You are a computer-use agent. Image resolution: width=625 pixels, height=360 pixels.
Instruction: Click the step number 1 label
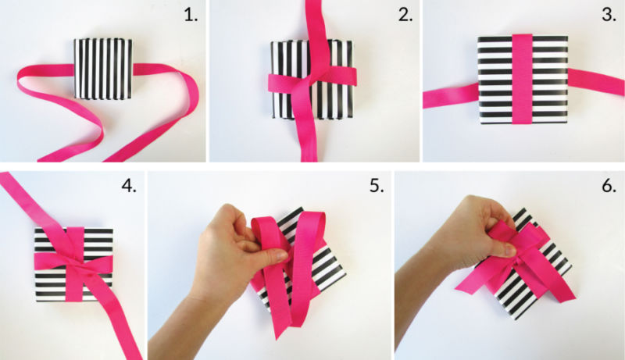pos(191,15)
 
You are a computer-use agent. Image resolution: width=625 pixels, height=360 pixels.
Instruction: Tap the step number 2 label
pos(405,15)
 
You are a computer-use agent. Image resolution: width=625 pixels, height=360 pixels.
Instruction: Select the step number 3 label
pos(609,15)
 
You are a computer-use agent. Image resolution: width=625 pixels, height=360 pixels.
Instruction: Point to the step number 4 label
pos(129,186)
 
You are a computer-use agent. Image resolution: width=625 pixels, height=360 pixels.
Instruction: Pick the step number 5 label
pos(377,186)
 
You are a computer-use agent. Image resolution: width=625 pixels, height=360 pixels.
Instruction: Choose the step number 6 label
pos(609,186)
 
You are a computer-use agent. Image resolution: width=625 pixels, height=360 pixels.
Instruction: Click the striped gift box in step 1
pos(103,69)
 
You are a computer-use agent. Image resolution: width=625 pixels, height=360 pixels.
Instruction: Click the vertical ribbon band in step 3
pos(522,79)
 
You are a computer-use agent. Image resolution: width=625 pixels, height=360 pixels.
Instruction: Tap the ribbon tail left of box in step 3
pos(451,96)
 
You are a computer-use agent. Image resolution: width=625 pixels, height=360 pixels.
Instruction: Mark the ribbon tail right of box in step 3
pos(596,82)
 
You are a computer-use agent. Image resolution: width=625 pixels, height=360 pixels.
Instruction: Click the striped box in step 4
pos(73,264)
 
